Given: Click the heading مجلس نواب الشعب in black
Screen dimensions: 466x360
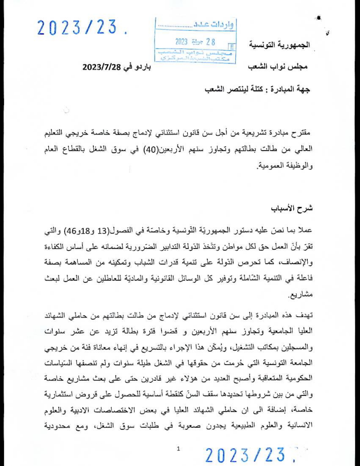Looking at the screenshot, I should [x=278, y=67].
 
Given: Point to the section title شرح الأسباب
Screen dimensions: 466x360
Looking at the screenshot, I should [x=292, y=209].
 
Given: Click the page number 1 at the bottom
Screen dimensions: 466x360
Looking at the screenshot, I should [x=178, y=448].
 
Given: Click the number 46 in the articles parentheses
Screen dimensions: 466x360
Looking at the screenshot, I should [x=74, y=231].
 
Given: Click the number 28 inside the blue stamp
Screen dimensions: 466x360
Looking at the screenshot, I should [x=210, y=42].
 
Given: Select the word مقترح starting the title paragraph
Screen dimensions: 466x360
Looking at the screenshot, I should [x=302, y=132].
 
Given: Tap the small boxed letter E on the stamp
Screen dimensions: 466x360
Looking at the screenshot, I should [x=232, y=47].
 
